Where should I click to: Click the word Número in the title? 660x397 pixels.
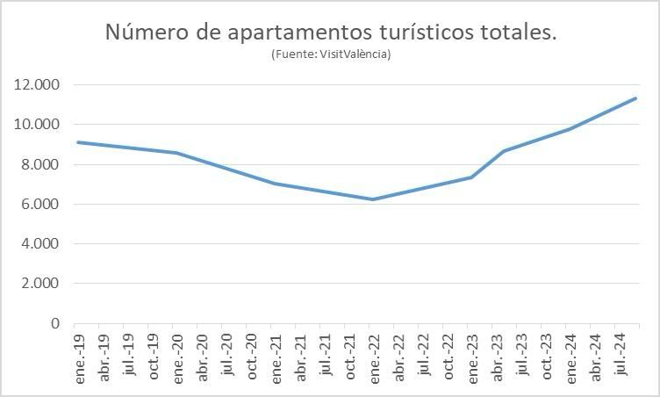point(143,32)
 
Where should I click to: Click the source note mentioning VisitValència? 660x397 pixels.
point(331,54)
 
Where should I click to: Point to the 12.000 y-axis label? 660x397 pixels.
point(37,85)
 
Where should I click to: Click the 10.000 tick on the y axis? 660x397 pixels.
point(37,125)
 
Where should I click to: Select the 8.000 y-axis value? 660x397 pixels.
point(40,164)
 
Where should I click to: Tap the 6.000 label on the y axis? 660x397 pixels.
point(40,204)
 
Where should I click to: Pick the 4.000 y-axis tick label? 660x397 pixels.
point(40,243)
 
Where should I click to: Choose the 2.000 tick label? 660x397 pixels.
point(40,284)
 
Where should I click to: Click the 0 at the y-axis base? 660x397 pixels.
point(55,323)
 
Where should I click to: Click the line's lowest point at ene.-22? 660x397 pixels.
point(374,199)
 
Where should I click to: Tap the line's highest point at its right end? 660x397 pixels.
point(635,98)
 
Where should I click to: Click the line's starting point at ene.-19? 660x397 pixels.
point(78,142)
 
